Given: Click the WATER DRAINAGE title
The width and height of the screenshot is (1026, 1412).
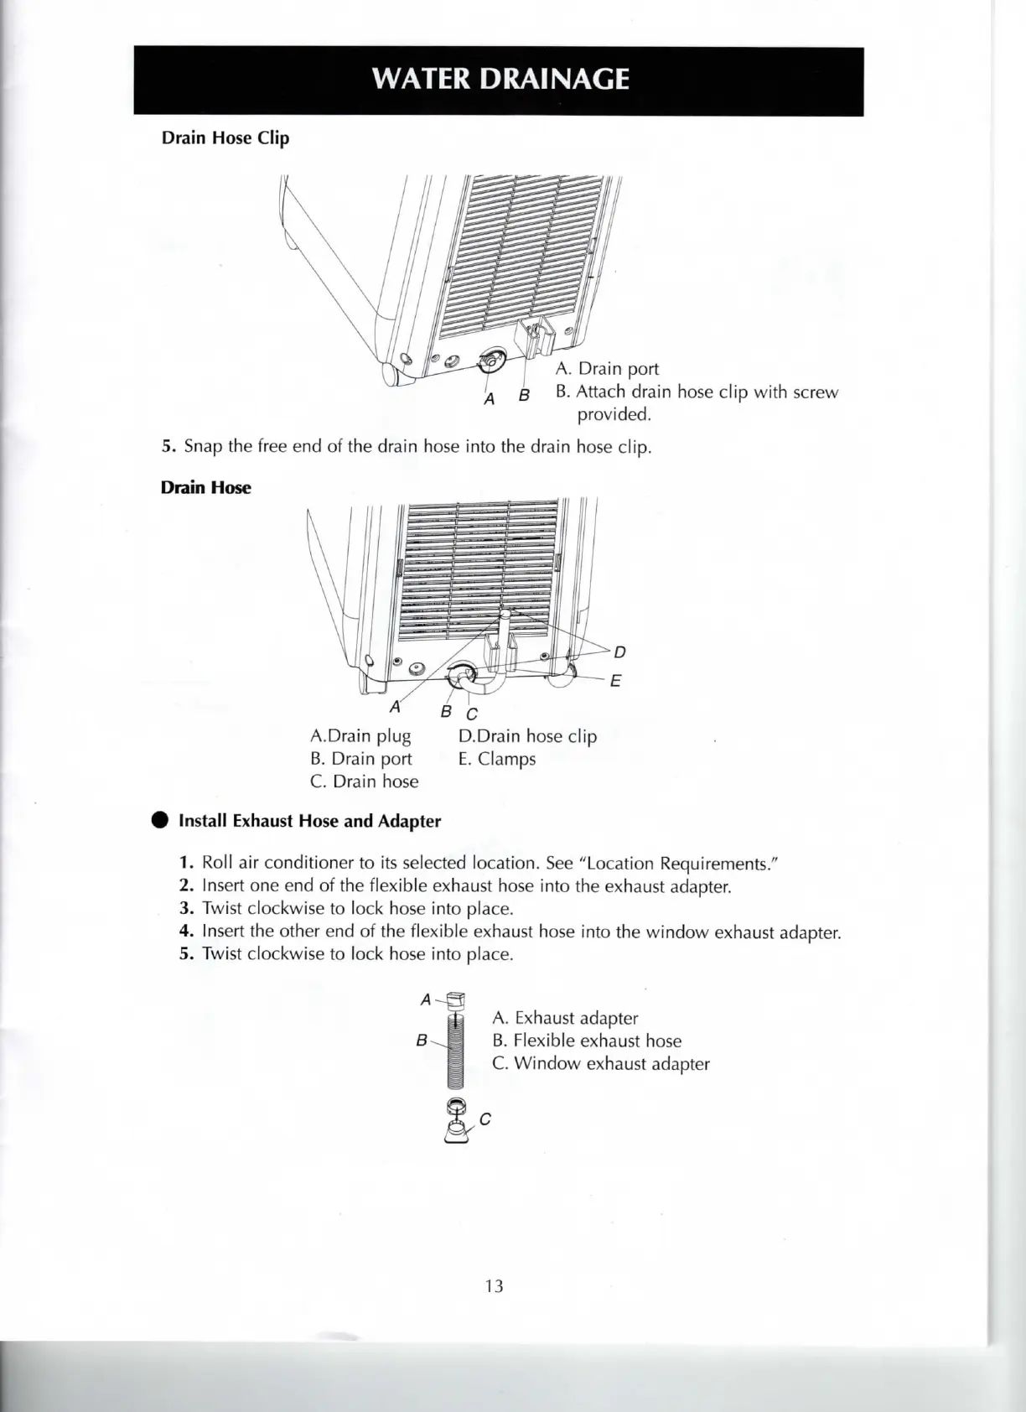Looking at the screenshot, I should (500, 79).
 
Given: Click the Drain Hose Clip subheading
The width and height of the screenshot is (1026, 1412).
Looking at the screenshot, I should (225, 138).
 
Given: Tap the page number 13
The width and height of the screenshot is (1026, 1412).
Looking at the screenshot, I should (494, 1285).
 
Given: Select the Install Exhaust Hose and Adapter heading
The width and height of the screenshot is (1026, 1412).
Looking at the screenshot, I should (309, 821).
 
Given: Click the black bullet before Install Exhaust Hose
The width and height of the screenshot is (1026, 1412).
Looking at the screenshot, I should (160, 821).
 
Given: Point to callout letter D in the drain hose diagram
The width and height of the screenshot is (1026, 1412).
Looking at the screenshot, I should (619, 652).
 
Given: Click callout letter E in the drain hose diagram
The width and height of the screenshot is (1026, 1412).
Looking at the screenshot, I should (615, 681).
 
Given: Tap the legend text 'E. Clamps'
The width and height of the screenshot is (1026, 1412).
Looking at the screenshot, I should (496, 759).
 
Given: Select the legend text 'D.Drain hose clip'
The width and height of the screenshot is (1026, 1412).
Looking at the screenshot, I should (527, 736).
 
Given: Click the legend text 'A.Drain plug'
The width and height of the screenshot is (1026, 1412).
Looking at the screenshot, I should (360, 736).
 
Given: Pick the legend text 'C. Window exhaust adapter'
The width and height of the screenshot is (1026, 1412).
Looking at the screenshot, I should (601, 1064).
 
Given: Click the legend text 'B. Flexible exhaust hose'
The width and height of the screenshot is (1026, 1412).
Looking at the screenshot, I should (587, 1041).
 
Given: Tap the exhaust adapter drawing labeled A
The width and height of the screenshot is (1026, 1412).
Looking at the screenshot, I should (455, 1000).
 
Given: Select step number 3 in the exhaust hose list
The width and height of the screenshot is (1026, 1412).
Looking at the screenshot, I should (187, 908).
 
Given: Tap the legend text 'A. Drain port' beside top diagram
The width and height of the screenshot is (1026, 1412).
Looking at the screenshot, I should (607, 369).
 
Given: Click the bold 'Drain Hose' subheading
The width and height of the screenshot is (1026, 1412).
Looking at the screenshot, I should (205, 488).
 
